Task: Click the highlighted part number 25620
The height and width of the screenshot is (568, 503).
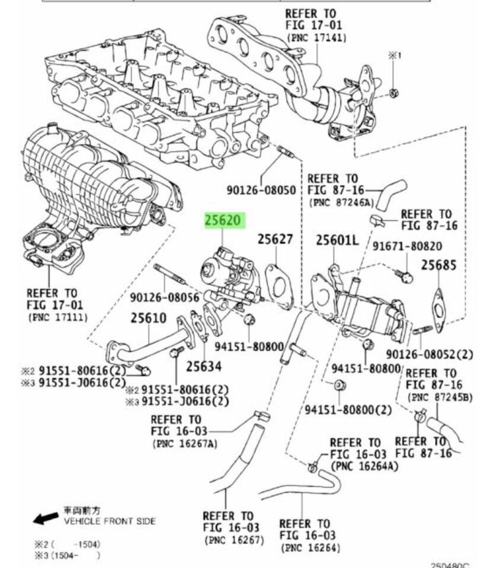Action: [223, 221]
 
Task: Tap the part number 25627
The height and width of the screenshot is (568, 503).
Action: [275, 239]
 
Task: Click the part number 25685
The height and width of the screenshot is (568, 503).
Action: [439, 265]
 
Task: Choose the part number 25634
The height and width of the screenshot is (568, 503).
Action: [204, 367]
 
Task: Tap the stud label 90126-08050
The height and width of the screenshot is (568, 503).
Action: [261, 190]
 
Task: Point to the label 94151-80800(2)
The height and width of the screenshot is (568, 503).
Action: [348, 409]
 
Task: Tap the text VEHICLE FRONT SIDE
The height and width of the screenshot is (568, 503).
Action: [110, 521]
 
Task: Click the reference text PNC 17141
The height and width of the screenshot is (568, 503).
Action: [317, 37]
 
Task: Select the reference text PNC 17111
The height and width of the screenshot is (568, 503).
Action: [57, 317]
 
